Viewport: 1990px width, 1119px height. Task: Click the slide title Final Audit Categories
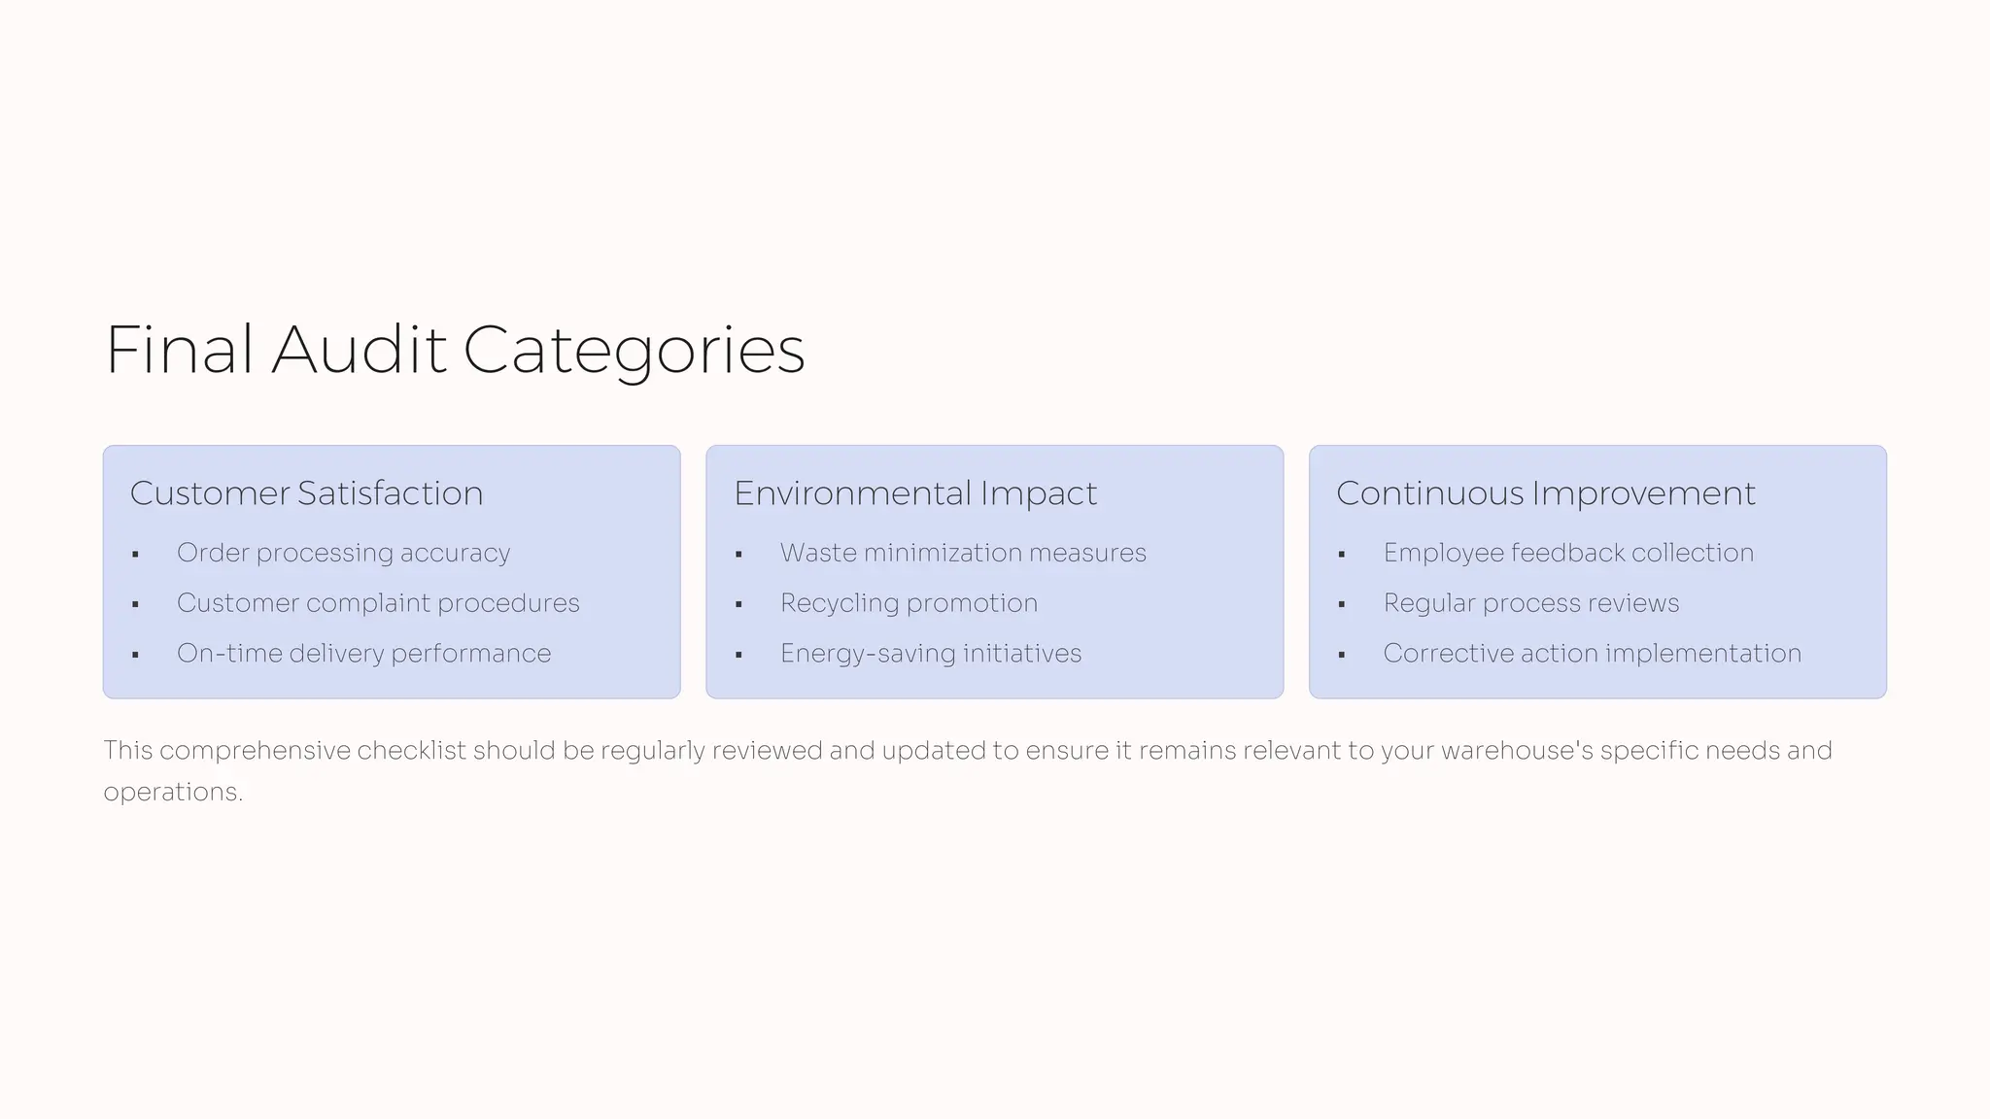pyautogui.click(x=455, y=350)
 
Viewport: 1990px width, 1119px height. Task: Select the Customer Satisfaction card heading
pyautogui.click(x=306, y=493)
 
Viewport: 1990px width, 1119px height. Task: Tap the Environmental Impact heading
pyautogui.click(x=914, y=493)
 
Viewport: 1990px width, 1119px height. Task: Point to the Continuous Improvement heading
pyautogui.click(x=1545, y=493)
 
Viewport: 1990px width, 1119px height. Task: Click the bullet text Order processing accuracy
pyautogui.click(x=343, y=553)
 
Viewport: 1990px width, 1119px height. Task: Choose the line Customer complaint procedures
pyautogui.click(x=378, y=603)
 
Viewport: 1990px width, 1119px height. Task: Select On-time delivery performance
pyautogui.click(x=363, y=654)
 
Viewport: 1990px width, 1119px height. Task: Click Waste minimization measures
pyautogui.click(x=963, y=553)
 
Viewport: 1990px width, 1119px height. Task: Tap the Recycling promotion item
pyautogui.click(x=909, y=603)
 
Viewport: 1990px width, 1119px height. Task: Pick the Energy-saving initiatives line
pyautogui.click(x=930, y=654)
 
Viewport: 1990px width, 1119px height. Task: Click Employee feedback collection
pyautogui.click(x=1568, y=553)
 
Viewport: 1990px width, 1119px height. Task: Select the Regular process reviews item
pyautogui.click(x=1530, y=603)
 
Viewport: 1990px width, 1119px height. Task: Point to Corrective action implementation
pyautogui.click(x=1592, y=654)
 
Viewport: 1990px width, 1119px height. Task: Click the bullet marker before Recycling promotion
pyautogui.click(x=738, y=605)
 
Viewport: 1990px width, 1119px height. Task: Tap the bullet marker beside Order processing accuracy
pyautogui.click(x=135, y=555)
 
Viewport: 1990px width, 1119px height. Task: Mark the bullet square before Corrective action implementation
pyautogui.click(x=1342, y=656)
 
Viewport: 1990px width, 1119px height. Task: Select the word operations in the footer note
pyautogui.click(x=170, y=793)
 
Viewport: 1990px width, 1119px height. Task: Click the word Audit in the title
pyautogui.click(x=359, y=350)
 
